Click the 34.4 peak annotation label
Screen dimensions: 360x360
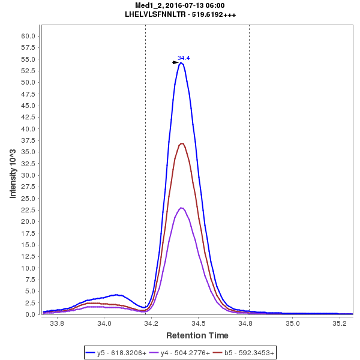click(184, 58)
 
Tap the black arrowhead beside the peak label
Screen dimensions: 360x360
click(175, 62)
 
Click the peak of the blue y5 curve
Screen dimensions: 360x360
click(181, 62)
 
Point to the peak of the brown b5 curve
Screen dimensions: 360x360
click(182, 143)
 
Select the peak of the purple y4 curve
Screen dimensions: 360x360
click(181, 208)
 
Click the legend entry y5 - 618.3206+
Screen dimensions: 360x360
click(117, 353)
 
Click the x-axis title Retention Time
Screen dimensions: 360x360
click(197, 335)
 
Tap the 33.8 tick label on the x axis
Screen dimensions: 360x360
click(57, 323)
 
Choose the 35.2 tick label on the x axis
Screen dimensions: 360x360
click(339, 323)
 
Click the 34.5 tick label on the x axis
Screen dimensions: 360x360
click(198, 323)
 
